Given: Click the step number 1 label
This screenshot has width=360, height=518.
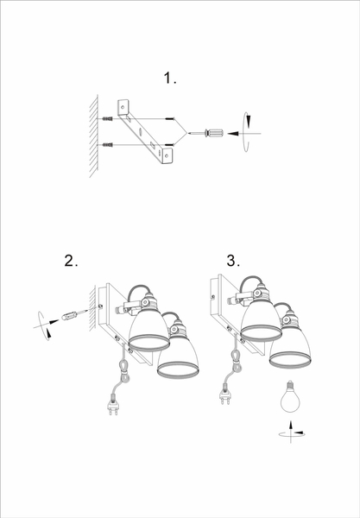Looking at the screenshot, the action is (x=170, y=79).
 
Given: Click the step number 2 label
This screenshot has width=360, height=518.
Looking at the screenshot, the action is (x=71, y=261).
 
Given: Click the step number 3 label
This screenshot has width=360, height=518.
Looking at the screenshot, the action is (x=233, y=261).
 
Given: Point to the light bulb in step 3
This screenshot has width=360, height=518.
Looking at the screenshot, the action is (x=290, y=396).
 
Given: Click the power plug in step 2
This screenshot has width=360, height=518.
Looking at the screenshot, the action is (x=113, y=405).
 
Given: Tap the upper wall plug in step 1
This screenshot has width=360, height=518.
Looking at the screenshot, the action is (x=107, y=118).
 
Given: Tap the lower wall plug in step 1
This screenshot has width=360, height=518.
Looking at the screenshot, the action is (x=107, y=145).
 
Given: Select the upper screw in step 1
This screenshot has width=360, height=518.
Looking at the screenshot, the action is (x=170, y=118).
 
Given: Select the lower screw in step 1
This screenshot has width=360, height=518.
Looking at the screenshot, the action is (x=169, y=145).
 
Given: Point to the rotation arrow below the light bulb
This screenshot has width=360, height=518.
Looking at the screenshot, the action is (x=291, y=433).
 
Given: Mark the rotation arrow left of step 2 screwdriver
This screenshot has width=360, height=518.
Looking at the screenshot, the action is (x=45, y=325).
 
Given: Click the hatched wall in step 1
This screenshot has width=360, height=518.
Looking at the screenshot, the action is (x=94, y=136).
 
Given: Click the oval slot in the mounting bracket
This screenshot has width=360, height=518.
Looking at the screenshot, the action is (x=141, y=131).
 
